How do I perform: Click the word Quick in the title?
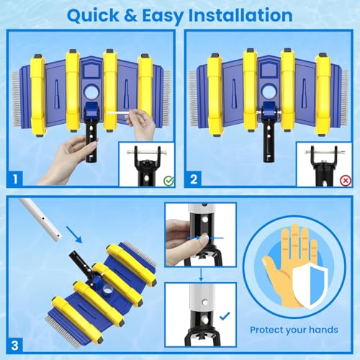(x=93, y=16)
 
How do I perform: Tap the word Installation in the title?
(x=240, y=15)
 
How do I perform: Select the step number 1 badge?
(x=15, y=179)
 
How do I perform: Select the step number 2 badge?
(x=193, y=179)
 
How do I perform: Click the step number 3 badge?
(x=15, y=346)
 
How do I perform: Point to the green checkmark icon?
(x=168, y=181)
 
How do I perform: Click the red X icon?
(x=346, y=181)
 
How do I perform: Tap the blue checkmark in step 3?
(x=225, y=316)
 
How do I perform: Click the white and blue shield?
(x=310, y=285)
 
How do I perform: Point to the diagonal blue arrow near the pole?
(x=73, y=235)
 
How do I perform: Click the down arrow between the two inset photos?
(x=201, y=274)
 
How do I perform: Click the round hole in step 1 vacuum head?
(x=91, y=92)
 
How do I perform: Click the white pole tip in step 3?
(x=57, y=236)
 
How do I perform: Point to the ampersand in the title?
(x=130, y=16)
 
